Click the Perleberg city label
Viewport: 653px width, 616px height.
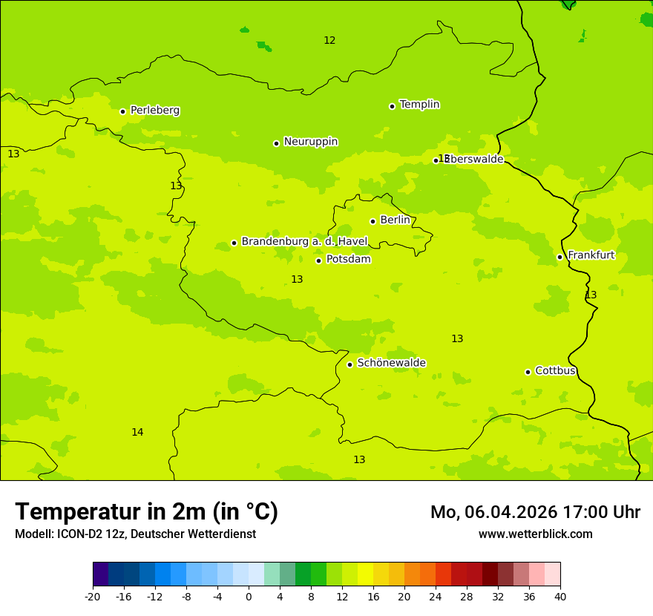(154, 111)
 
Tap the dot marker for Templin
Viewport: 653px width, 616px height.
(392, 106)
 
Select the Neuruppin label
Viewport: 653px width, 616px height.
(310, 142)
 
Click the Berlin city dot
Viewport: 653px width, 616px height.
(373, 221)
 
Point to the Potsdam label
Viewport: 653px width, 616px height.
(348, 260)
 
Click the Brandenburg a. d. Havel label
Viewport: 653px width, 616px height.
(304, 242)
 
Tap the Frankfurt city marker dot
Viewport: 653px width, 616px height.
(560, 258)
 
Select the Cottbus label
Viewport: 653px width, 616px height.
(555, 371)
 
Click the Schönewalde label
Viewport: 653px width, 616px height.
(391, 364)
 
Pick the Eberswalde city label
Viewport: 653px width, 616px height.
(475, 160)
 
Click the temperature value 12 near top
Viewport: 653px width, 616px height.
(329, 41)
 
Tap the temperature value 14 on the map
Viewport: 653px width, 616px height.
(137, 433)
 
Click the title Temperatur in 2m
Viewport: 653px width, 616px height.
(146, 512)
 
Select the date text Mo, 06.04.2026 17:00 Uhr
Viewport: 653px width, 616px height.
(535, 512)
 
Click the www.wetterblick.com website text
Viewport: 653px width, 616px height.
(535, 534)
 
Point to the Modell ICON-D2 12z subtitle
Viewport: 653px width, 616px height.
(135, 534)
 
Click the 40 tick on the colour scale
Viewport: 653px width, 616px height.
(560, 597)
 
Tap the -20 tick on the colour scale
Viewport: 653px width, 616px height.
(93, 597)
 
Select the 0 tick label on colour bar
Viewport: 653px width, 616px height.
(249, 597)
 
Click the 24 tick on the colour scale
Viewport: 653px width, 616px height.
(436, 597)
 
